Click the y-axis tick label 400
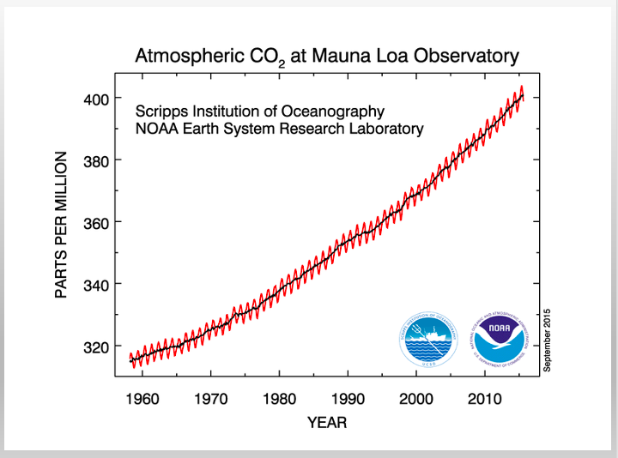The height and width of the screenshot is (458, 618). pyautogui.click(x=97, y=99)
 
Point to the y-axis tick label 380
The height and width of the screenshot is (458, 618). pyautogui.click(x=97, y=160)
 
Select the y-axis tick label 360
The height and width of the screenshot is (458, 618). pyautogui.click(x=97, y=222)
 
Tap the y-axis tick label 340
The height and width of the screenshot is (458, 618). pyautogui.click(x=97, y=284)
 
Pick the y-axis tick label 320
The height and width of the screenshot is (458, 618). pyautogui.click(x=97, y=347)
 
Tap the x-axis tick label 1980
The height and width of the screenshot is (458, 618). pyautogui.click(x=280, y=399)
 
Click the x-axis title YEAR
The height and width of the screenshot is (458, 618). pyautogui.click(x=327, y=423)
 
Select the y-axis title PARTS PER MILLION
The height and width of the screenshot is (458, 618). pyautogui.click(x=62, y=225)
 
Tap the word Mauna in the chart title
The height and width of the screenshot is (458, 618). pyautogui.click(x=332, y=57)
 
